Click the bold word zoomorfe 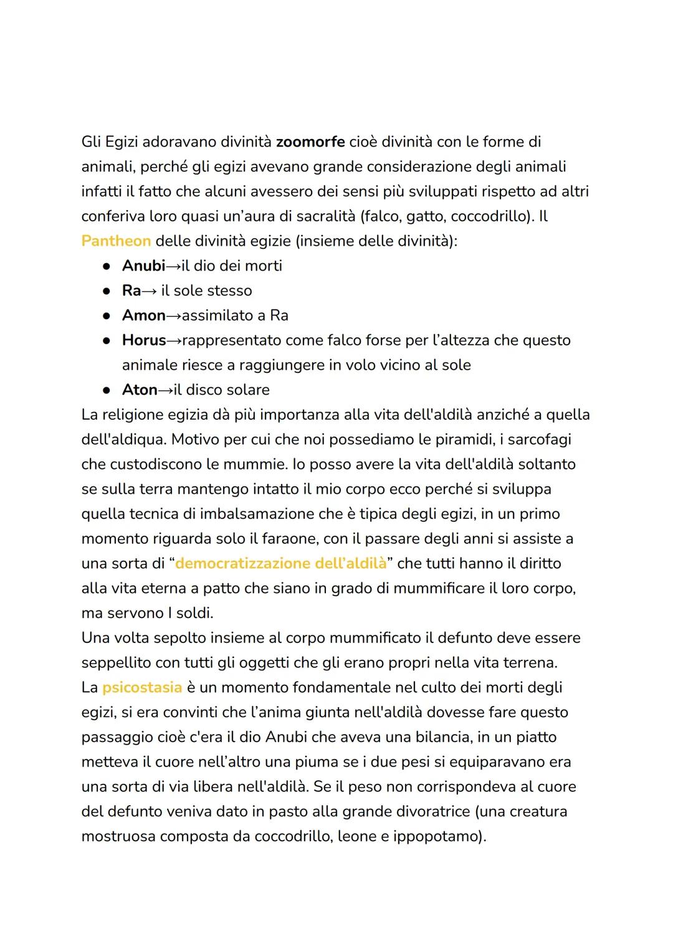(310, 142)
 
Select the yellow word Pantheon (116, 241)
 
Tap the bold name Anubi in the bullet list (143, 266)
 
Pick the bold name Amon (143, 316)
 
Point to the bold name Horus (144, 340)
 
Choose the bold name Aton (140, 390)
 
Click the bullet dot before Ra (107, 291)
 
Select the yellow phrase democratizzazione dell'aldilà (281, 564)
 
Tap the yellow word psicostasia (142, 688)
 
